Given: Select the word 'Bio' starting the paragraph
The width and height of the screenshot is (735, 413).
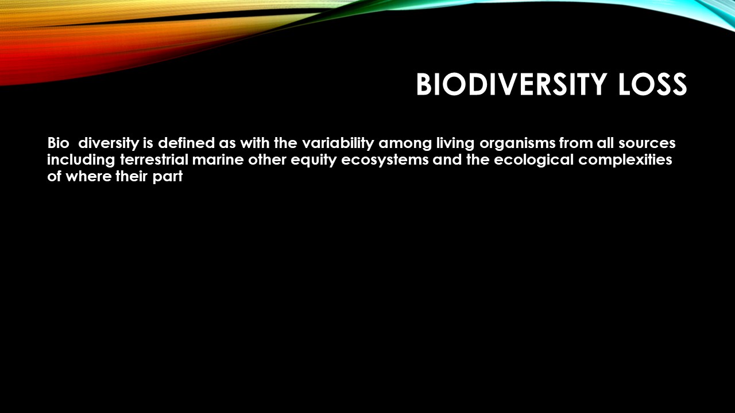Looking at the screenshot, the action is pos(59,143).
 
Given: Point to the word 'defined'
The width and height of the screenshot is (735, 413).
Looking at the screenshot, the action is pos(187,143).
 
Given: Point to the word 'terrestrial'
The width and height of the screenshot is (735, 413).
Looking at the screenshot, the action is pos(154,159).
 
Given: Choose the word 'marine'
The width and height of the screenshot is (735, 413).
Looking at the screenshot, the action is pos(218,160).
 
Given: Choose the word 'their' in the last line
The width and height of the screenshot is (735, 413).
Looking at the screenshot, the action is pos(131,177).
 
